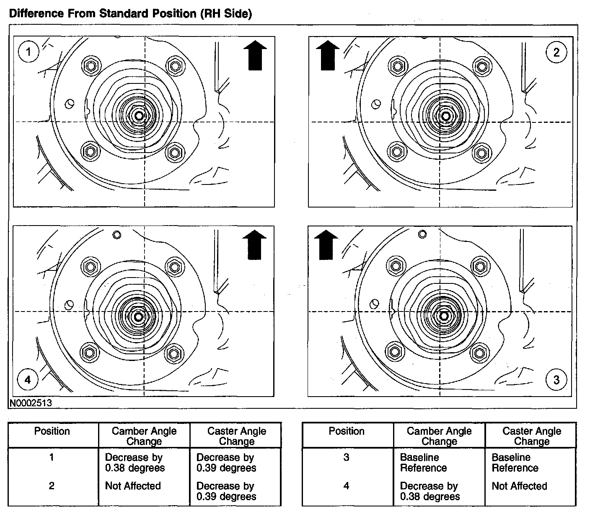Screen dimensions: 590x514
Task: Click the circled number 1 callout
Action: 28,52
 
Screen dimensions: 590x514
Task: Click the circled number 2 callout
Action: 556,52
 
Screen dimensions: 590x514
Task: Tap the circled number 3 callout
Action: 556,380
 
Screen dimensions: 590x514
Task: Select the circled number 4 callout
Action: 28,380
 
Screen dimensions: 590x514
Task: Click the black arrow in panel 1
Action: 255,55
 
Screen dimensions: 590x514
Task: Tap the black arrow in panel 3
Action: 326,245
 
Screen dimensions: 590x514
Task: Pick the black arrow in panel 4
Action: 254,245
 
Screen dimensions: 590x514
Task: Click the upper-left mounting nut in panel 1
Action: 91,65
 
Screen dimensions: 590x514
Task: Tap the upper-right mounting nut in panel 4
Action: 173,266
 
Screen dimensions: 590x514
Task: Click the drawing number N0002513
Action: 31,403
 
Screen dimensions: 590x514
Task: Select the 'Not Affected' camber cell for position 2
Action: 133,486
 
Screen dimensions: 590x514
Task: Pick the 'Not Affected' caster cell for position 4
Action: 519,486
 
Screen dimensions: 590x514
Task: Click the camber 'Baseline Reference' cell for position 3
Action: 423,462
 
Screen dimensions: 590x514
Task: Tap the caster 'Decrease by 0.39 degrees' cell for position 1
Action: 226,462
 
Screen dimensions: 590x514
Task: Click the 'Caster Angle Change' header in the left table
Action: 236,436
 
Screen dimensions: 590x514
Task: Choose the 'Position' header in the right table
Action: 347,431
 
